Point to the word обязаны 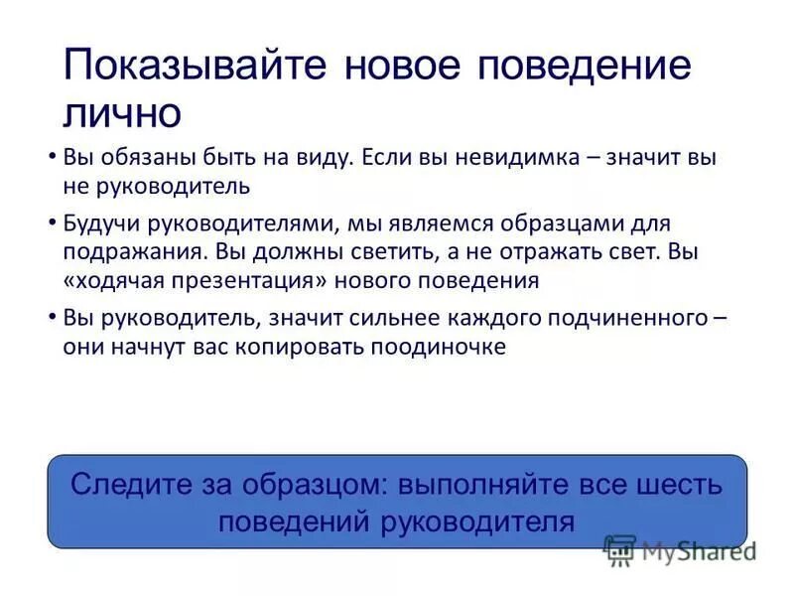click(136, 158)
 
